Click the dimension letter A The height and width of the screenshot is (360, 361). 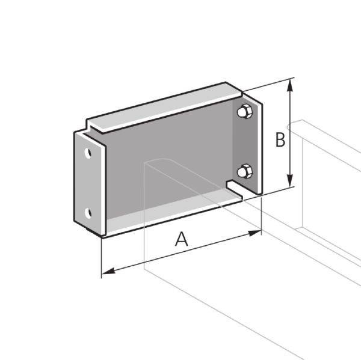[x=181, y=240]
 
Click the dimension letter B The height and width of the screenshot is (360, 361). [x=280, y=139]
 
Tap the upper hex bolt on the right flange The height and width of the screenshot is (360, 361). [x=244, y=112]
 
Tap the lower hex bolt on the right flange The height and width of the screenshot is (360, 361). [x=244, y=172]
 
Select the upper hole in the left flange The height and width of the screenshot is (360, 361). [x=88, y=153]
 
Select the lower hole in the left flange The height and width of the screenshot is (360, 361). [x=88, y=213]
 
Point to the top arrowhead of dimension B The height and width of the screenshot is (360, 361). [x=291, y=84]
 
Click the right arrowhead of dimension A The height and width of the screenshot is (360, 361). [x=257, y=232]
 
